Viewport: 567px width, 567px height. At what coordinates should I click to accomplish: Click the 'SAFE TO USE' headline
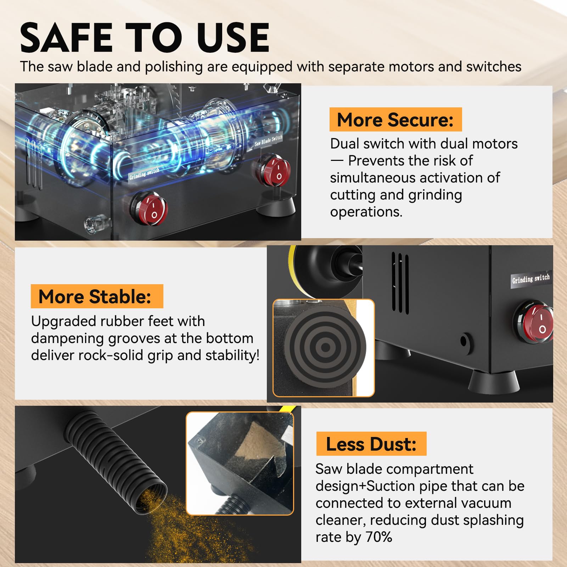pos(145,37)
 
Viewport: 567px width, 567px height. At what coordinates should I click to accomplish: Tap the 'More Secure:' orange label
pos(395,119)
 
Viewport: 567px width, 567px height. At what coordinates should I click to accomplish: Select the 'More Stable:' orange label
pos(97,296)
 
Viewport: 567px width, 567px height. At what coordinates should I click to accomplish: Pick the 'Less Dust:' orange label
pos(371,444)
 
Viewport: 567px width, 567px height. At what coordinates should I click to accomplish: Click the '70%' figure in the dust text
pos(379,537)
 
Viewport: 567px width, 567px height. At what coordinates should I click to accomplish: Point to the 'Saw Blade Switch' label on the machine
pos(269,140)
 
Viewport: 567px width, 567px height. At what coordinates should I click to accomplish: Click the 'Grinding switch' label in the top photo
pos(144,174)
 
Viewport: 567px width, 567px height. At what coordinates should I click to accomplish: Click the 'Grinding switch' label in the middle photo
pos(530,279)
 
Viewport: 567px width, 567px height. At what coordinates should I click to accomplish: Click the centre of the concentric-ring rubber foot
pos(325,347)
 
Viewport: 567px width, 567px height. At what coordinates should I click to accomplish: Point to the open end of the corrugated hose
pos(152,499)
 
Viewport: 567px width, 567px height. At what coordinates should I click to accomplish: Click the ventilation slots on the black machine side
pos(400,283)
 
